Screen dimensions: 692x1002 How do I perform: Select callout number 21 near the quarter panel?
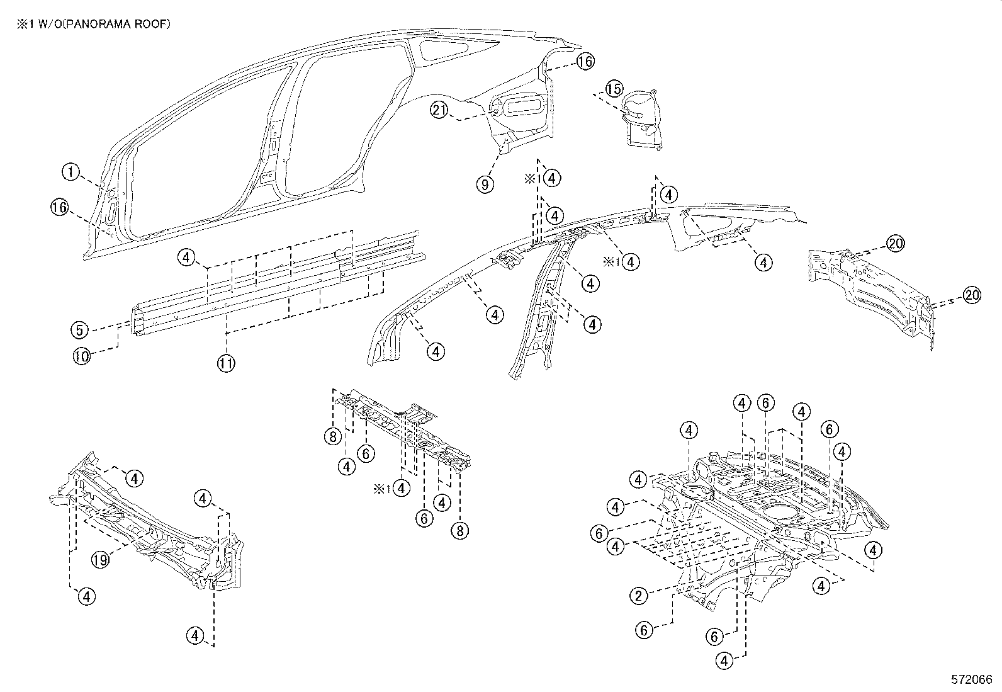tap(439, 110)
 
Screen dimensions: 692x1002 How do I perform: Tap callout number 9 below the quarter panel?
tap(485, 184)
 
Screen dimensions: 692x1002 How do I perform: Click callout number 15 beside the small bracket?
tap(614, 88)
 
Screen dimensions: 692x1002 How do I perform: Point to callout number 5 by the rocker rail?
tap(79, 329)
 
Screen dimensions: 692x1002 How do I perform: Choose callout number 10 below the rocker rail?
tap(82, 356)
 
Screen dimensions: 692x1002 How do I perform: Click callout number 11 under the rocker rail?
tap(227, 363)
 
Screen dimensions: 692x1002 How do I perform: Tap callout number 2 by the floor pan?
tap(639, 595)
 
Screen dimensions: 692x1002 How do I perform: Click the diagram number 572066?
tap(971, 680)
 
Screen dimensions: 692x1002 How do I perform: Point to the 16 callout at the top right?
tap(585, 61)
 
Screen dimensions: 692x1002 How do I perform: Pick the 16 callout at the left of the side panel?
tap(60, 207)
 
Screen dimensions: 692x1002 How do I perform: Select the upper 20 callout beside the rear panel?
tap(896, 243)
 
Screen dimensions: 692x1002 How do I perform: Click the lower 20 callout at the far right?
tap(972, 295)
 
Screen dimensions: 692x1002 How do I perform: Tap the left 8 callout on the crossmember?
tap(333, 436)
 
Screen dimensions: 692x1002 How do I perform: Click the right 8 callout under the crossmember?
tap(460, 530)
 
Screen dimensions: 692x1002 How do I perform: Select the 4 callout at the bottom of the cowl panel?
tap(196, 636)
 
